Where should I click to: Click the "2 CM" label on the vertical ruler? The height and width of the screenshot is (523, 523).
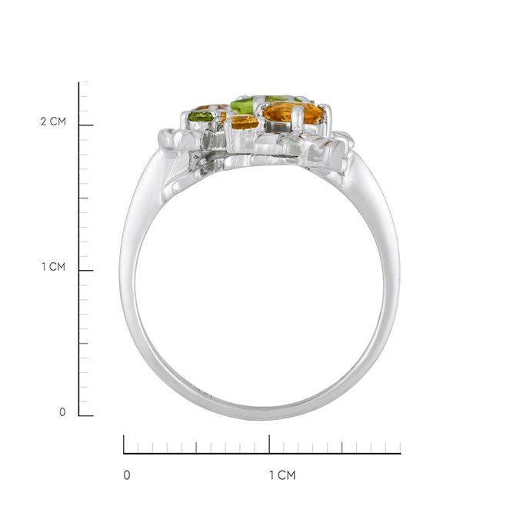point(53,122)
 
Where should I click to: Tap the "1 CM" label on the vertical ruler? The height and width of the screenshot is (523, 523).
point(53,267)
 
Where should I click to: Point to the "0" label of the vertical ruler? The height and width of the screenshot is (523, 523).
point(62,412)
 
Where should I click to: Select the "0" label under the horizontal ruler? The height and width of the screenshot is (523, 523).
point(127,475)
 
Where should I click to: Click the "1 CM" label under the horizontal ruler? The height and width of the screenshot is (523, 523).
point(282,475)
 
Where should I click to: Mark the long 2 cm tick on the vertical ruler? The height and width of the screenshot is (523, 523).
point(86,125)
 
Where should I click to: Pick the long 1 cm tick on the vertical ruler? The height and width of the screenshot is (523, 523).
point(86,271)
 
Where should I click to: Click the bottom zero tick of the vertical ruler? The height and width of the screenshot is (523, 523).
point(86,416)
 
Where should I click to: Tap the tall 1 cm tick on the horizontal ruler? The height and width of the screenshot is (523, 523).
point(269,445)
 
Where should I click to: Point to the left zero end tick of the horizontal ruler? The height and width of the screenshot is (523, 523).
point(124,445)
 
